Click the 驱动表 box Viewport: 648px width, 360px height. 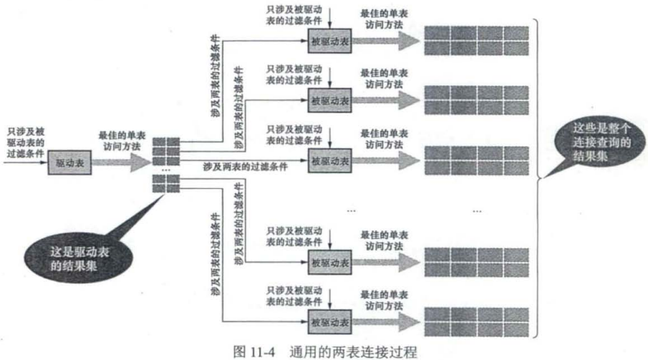[69, 162]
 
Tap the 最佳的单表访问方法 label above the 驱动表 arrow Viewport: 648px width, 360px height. [120, 140]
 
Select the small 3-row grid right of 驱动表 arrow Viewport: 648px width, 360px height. [163, 150]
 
